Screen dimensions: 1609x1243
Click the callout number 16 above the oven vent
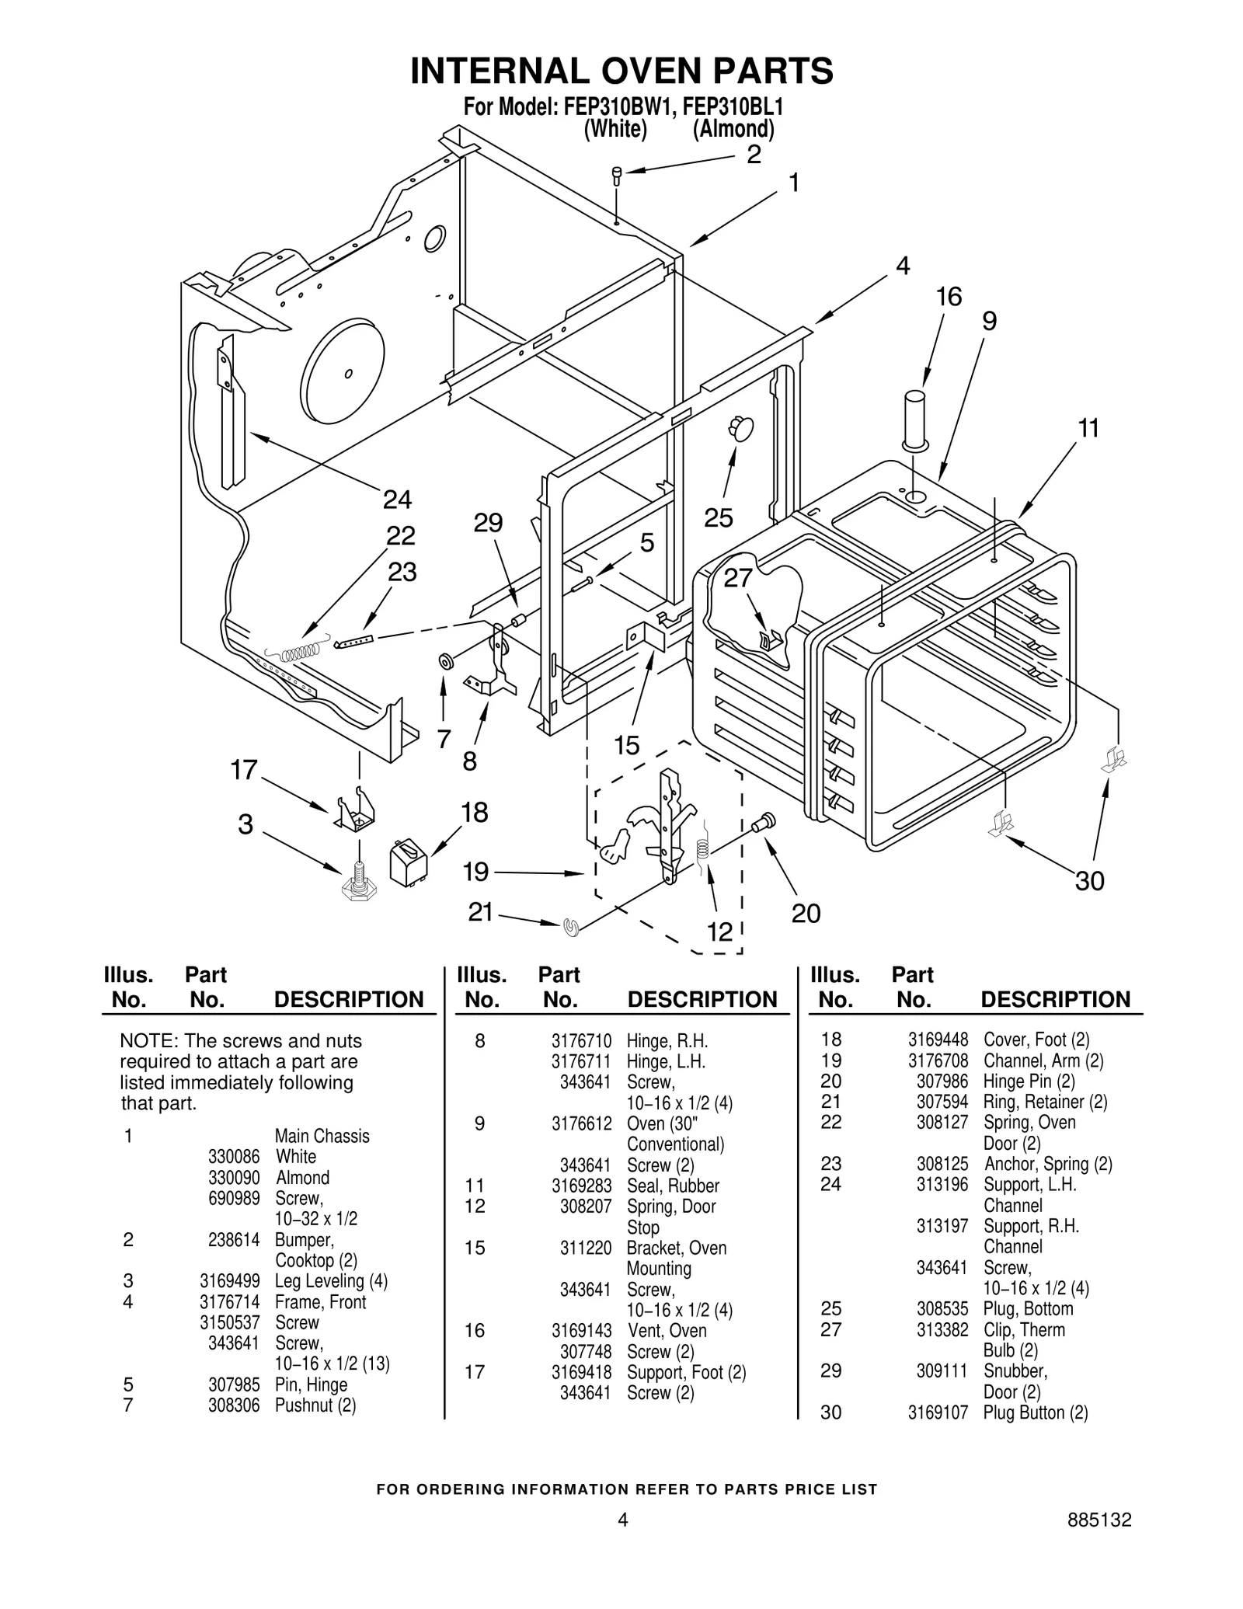click(949, 297)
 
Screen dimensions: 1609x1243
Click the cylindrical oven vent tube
click(914, 419)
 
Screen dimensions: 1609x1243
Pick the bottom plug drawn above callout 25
click(740, 427)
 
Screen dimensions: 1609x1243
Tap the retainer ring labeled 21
click(572, 925)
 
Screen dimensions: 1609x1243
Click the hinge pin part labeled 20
click(763, 822)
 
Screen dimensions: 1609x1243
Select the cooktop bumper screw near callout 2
click(617, 175)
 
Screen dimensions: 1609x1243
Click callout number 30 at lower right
click(1089, 881)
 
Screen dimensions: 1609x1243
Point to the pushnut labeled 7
click(447, 662)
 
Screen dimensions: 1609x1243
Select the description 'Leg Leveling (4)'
click(331, 1281)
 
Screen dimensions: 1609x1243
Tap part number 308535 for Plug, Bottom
click(942, 1309)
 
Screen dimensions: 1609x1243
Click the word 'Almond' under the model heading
click(733, 129)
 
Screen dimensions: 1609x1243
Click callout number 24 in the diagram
click(397, 499)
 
